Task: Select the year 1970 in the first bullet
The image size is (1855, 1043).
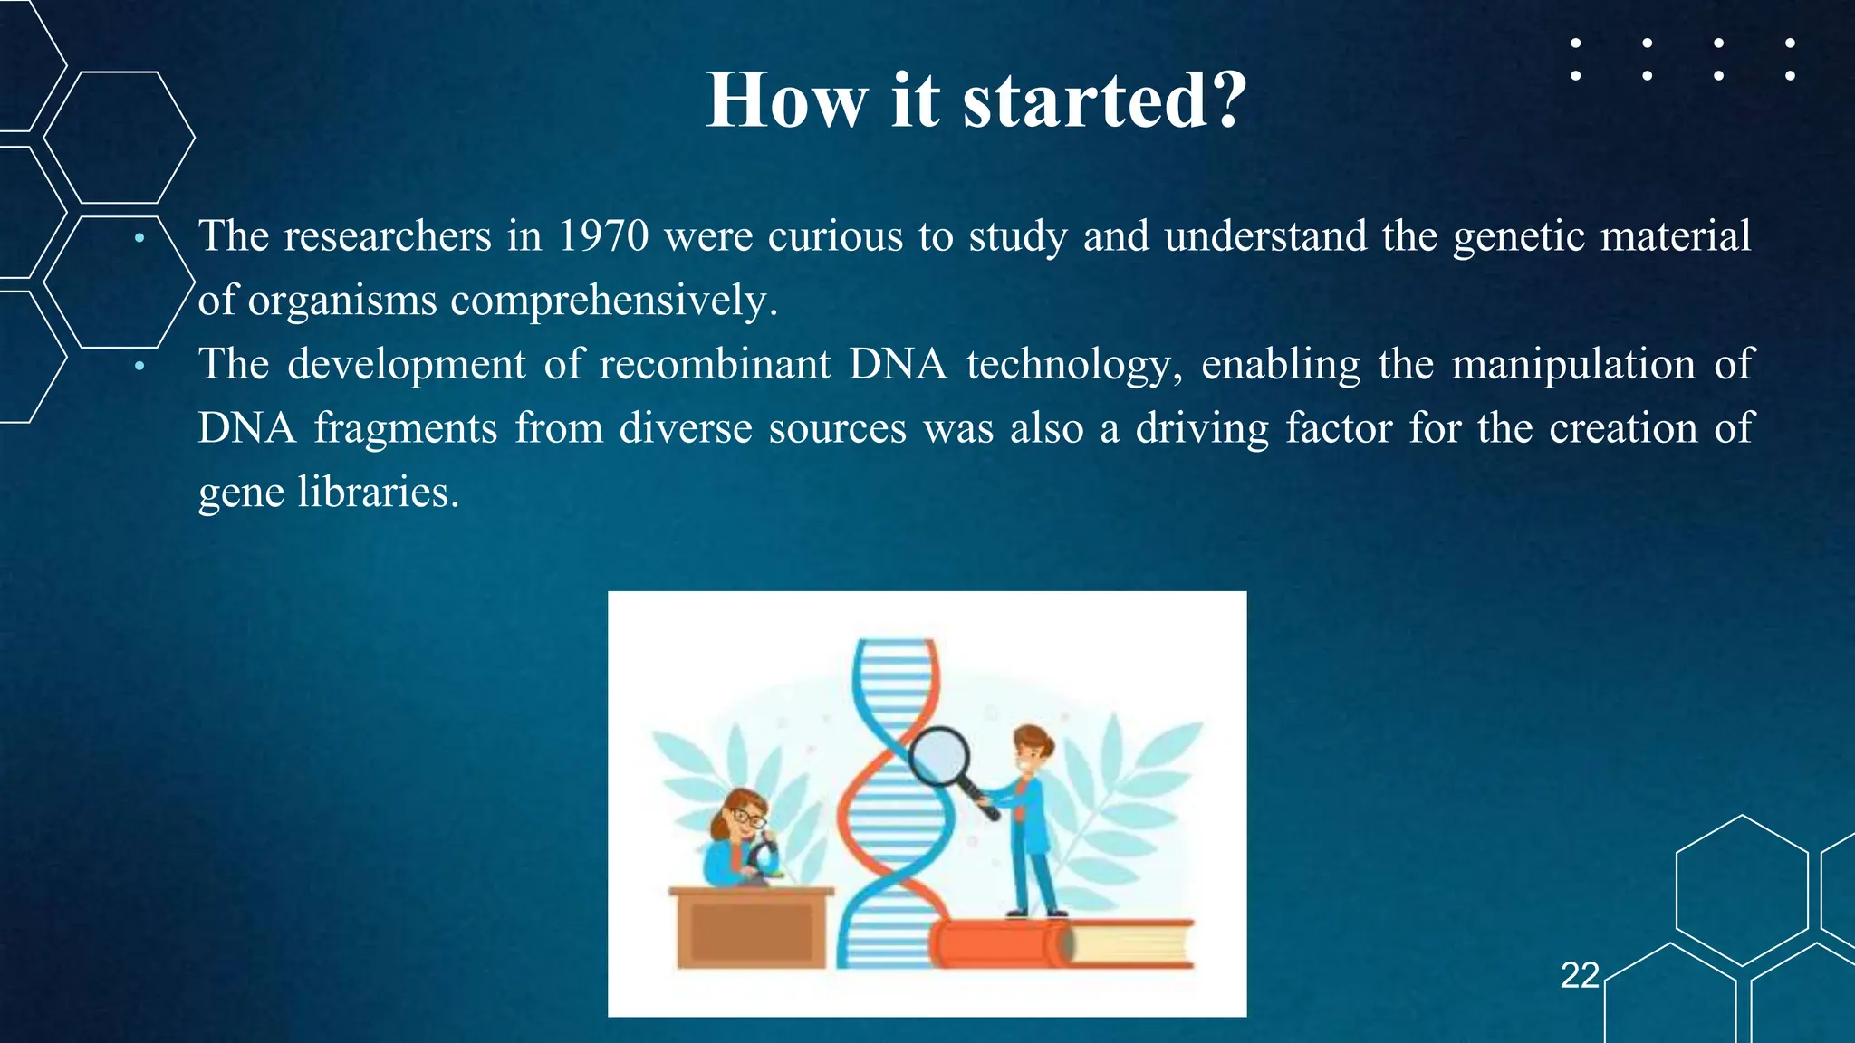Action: (603, 236)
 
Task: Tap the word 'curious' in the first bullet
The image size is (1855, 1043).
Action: (835, 236)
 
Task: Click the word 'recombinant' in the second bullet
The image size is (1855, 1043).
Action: (715, 365)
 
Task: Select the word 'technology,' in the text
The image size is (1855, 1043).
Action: (1074, 365)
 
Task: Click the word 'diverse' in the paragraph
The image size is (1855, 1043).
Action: (686, 428)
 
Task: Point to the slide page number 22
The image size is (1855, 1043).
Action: (1580, 975)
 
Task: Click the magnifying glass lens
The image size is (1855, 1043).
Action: (938, 757)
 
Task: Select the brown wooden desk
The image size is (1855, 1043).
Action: (751, 928)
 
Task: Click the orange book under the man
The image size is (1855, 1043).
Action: (996, 943)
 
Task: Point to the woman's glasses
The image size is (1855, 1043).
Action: (747, 818)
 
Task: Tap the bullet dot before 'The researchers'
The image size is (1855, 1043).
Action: (139, 238)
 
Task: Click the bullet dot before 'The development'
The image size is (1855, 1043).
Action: (139, 367)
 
